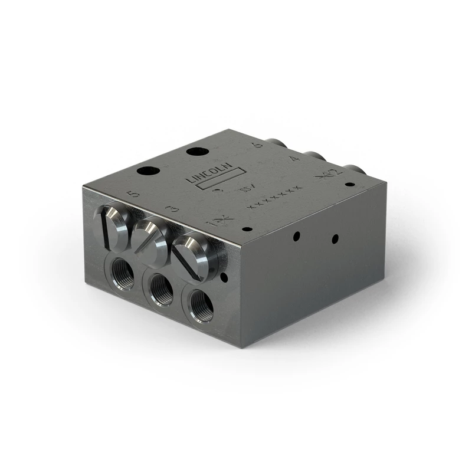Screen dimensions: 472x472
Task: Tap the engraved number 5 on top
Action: click(x=134, y=193)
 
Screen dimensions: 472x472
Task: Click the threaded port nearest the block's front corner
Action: click(x=202, y=309)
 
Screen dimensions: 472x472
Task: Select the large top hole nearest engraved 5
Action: click(x=148, y=171)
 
